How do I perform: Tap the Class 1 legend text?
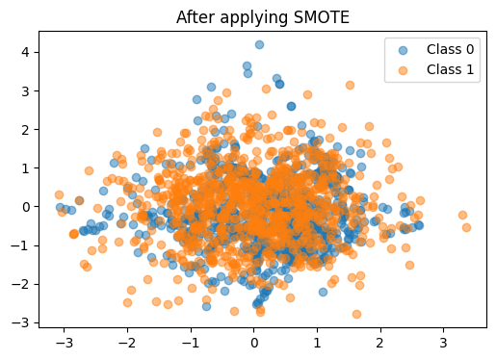click(449, 69)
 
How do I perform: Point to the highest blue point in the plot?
click(259, 44)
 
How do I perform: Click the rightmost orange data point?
click(466, 227)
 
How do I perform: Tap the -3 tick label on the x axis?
click(65, 342)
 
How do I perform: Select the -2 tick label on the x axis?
click(127, 342)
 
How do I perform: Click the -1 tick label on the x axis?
click(191, 342)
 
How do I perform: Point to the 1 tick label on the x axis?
click(317, 342)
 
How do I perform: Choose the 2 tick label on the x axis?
click(380, 342)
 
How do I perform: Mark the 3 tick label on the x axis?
click(443, 342)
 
